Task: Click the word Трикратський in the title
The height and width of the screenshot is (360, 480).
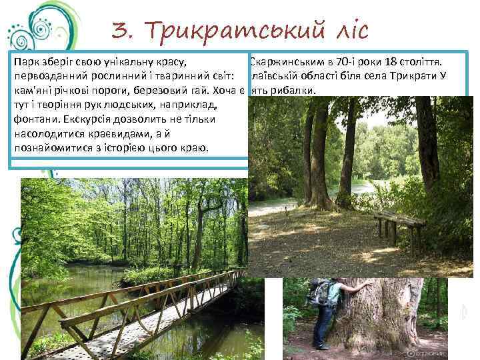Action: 235,30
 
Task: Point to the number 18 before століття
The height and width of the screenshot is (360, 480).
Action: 405,63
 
